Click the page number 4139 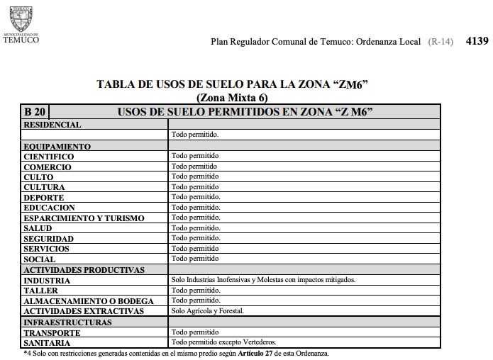click(x=477, y=41)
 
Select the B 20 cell click(x=35, y=112)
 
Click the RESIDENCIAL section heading click(x=52, y=125)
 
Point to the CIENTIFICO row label click(x=48, y=156)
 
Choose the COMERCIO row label click(x=47, y=167)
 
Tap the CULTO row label click(x=38, y=177)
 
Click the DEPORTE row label click(x=44, y=198)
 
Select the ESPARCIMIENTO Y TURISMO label click(x=84, y=218)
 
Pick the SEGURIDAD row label click(x=48, y=239)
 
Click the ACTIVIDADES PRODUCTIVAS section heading click(x=84, y=270)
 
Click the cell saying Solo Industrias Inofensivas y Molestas click(x=263, y=280)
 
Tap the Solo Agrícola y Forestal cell click(x=207, y=311)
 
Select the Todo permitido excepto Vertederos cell click(x=223, y=342)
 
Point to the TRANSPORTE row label click(x=51, y=332)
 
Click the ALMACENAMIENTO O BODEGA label click(x=88, y=301)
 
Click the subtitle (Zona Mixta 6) click(x=232, y=98)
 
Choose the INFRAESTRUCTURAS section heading click(x=67, y=322)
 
